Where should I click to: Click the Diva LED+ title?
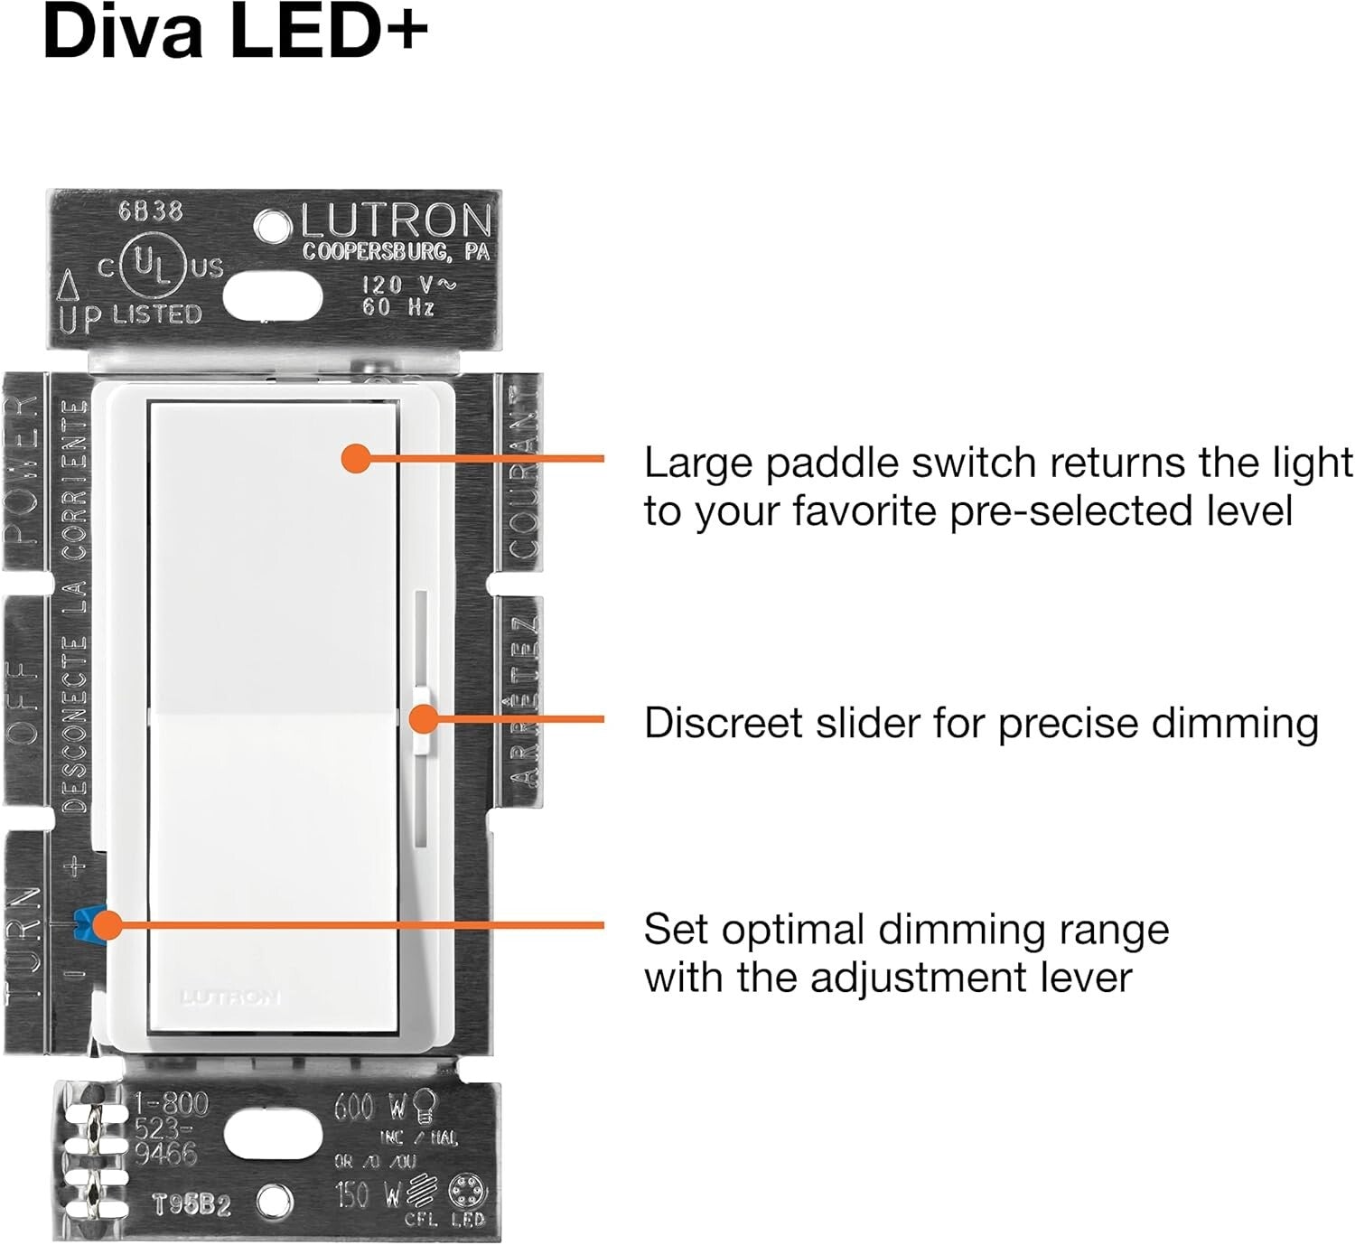pyautogui.click(x=235, y=34)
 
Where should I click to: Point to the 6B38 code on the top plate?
pyautogui.click(x=150, y=211)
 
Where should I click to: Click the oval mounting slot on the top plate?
pyautogui.click(x=273, y=295)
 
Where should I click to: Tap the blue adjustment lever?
pyautogui.click(x=90, y=922)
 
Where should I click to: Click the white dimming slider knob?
pyautogui.click(x=422, y=719)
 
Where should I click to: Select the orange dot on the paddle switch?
pyautogui.click(x=356, y=458)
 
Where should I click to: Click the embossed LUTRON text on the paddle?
pyautogui.click(x=230, y=997)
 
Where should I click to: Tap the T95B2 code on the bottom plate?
pyautogui.click(x=191, y=1204)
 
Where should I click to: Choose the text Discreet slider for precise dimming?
pyautogui.click(x=981, y=723)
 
